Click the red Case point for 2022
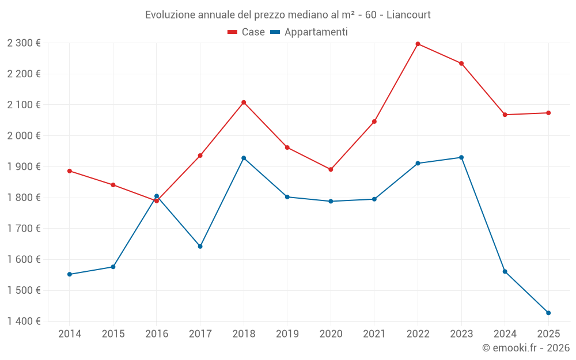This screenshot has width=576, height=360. pos(418,44)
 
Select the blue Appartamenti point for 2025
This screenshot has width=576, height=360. pos(548,313)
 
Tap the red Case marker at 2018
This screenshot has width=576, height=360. pos(244,103)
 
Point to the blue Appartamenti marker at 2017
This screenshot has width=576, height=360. pos(200,247)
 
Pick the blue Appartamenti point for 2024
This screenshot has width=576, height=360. pos(505,271)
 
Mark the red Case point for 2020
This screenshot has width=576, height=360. pos(331,169)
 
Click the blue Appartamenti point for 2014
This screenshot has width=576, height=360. pos(70,274)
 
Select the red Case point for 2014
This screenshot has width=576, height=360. pos(70,171)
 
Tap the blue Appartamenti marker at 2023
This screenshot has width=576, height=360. pos(461,157)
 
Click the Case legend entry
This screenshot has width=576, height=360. pos(247,32)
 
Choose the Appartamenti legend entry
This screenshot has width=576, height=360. pos(309,32)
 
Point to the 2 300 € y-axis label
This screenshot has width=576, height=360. pos(24,43)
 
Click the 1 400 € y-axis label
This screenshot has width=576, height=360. pos(24,321)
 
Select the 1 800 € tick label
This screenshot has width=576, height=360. pos(24,198)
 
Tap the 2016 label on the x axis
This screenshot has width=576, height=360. pos(157,334)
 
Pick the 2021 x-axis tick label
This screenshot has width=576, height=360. pos(374,334)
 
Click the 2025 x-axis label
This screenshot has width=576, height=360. pos(548,334)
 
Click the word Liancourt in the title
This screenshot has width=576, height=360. pos(408,14)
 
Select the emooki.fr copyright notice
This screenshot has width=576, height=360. pos(525,348)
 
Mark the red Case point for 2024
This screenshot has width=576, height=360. pos(505,115)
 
